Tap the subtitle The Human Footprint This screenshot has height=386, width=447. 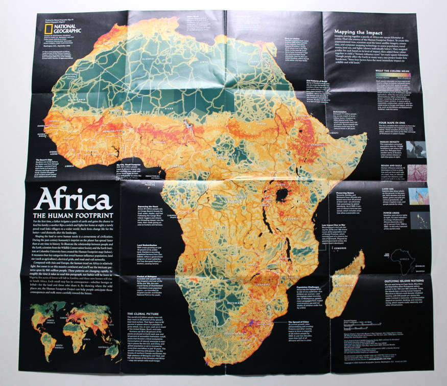pyautogui.click(x=75, y=215)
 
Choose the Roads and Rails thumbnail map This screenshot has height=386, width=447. pyautogui.click(x=416, y=172)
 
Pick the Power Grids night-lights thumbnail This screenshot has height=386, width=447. pyautogui.click(x=416, y=220)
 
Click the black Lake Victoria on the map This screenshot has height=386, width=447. pyautogui.click(x=280, y=194)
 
